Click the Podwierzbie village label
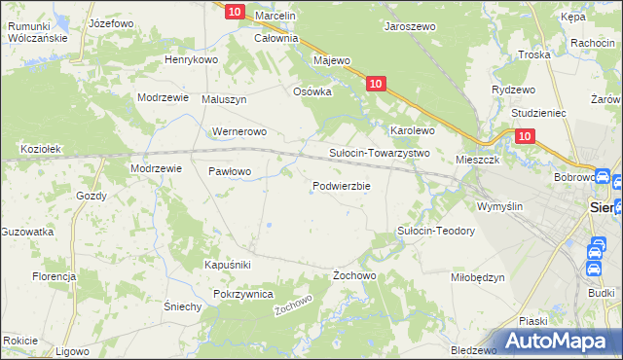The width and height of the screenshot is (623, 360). click(341, 186)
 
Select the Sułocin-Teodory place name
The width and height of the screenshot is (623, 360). click(435, 231)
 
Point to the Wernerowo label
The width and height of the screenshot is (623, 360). click(239, 131)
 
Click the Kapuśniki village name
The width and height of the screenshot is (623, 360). click(228, 265)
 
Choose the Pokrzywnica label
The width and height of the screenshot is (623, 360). click(242, 294)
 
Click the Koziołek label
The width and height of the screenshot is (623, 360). click(42, 149)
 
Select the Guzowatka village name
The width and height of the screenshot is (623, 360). click(27, 232)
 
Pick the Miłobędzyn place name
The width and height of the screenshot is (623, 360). click(478, 277)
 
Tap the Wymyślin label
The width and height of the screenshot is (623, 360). click(500, 206)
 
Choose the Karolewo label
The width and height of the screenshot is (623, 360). click(412, 129)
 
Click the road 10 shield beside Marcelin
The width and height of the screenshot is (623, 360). click(234, 12)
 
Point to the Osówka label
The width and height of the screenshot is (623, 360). click(313, 91)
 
